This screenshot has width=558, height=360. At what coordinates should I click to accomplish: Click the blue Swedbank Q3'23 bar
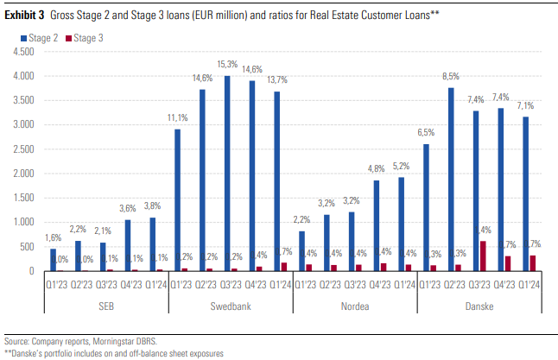[x=227, y=174]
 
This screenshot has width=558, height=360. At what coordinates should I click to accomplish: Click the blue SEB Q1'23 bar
[x=53, y=260]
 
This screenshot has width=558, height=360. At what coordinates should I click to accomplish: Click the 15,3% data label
[x=228, y=64]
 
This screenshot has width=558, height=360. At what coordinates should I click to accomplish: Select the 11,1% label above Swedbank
[x=178, y=117]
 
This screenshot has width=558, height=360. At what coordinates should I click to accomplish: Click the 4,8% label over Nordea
[x=377, y=168]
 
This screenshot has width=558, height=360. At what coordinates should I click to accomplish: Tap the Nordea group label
[x=355, y=306]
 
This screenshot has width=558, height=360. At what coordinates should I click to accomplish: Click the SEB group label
[x=106, y=306]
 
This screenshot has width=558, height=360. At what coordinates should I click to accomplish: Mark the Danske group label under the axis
[x=479, y=306]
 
